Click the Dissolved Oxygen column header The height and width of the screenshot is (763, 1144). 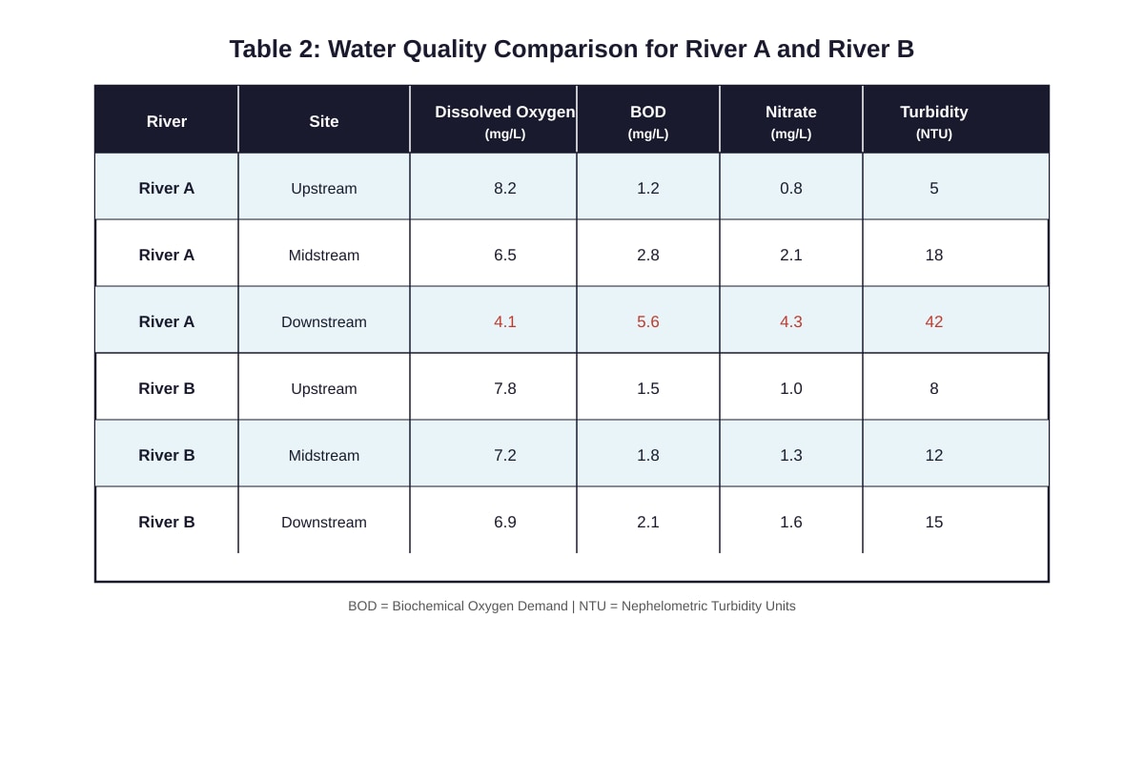click(504, 122)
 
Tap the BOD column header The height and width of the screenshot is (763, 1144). click(647, 122)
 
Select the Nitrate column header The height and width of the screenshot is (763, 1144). click(790, 122)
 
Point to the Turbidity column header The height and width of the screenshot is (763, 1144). click(933, 122)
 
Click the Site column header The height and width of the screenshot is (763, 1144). click(324, 121)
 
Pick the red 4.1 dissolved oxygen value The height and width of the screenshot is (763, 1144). click(504, 321)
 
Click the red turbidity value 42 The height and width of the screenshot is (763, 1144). click(933, 321)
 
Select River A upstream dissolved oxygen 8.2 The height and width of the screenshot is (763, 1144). click(504, 188)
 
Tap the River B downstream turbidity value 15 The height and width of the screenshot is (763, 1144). click(933, 522)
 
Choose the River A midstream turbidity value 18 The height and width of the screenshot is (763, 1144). click(933, 255)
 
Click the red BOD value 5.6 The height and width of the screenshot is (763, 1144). click(647, 321)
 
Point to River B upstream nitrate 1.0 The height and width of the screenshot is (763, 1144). click(790, 388)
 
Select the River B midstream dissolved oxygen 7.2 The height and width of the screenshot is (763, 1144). click(504, 455)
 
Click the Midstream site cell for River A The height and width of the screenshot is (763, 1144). click(324, 255)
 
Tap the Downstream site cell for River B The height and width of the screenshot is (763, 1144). click(324, 523)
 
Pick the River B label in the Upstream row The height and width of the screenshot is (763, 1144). click(167, 388)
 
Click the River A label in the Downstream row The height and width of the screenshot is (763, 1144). click(167, 321)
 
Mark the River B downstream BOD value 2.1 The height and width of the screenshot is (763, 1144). click(647, 522)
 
